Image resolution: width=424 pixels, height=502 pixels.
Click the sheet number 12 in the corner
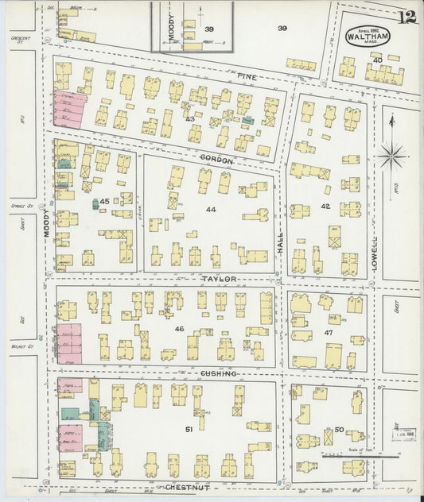tap(406, 17)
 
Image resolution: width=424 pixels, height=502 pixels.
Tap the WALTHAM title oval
tap(367, 36)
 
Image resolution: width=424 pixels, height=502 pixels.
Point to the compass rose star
tap(391, 155)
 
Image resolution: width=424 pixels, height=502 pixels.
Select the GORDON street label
tap(216, 161)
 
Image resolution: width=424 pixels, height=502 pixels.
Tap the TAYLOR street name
tap(220, 280)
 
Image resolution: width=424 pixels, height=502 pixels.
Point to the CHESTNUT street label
tap(187, 487)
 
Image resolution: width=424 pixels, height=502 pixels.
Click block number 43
tap(190, 118)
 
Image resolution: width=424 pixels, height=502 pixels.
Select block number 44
tap(211, 210)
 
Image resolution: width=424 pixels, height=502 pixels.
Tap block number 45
tap(104, 203)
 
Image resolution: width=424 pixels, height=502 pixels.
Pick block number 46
tap(180, 328)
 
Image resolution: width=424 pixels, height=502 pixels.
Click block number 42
tap(325, 207)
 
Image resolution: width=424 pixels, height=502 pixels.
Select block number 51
tap(189, 429)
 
